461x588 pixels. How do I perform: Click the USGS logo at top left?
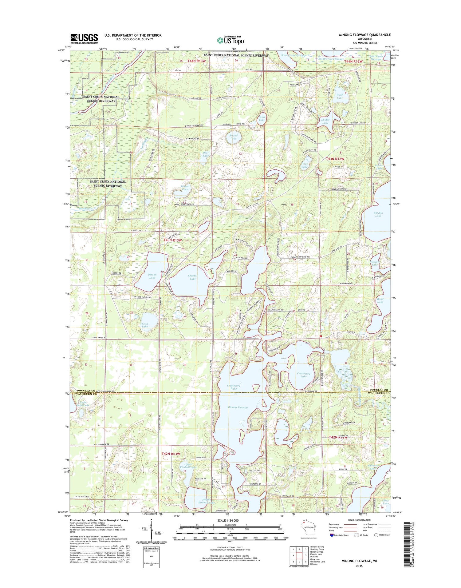click(x=84, y=38)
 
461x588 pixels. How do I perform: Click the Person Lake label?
click(x=152, y=276)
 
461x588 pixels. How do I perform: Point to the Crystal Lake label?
click(x=193, y=277)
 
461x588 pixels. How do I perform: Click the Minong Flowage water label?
click(x=238, y=407)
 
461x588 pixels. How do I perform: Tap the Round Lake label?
click(x=233, y=137)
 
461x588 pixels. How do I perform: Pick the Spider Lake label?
click(x=325, y=121)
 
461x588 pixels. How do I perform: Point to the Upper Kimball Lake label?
click(x=188, y=466)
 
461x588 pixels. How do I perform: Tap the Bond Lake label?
click(x=380, y=300)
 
